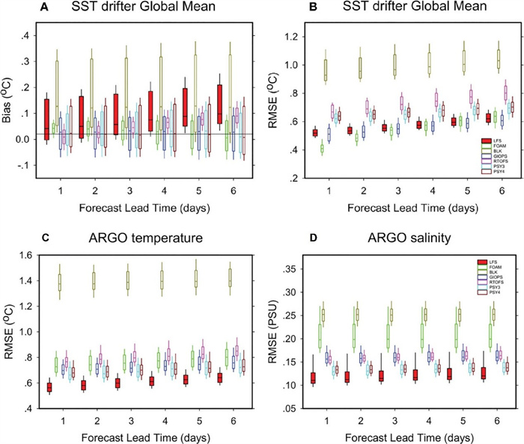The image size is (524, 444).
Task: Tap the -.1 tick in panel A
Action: (x=24, y=164)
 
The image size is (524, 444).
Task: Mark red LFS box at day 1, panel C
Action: (x=50, y=387)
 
